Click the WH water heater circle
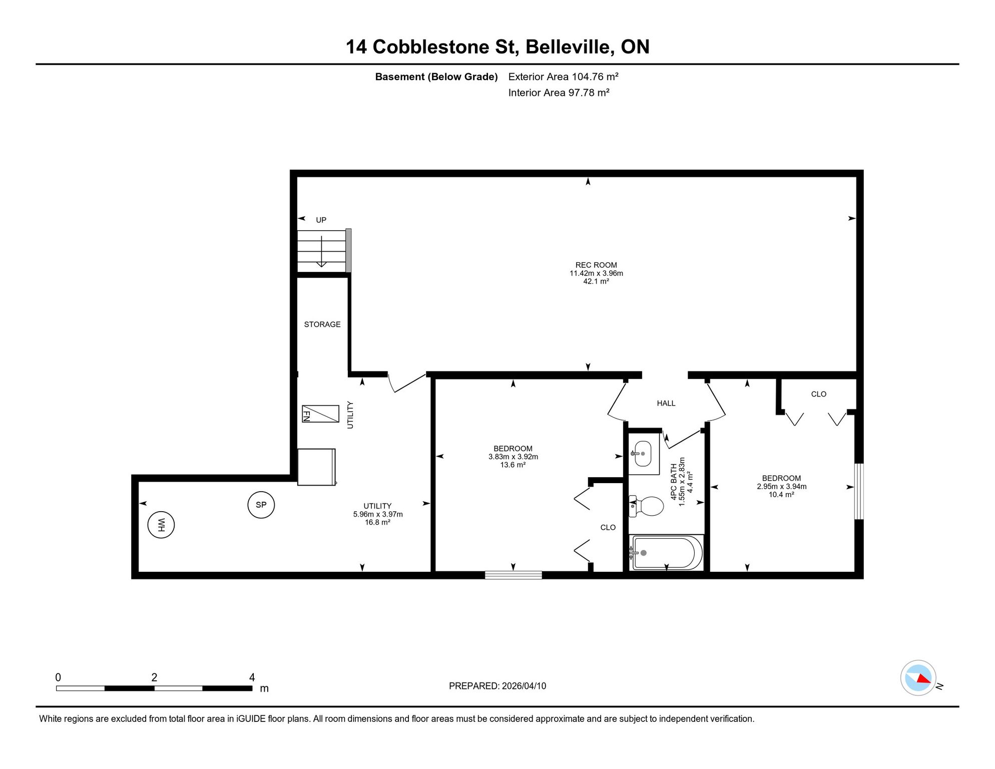click(161, 525)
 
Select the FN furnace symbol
click(320, 414)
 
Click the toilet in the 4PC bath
click(646, 506)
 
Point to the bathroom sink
click(643, 454)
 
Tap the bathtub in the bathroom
click(667, 553)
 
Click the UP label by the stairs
click(321, 220)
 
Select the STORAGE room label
click(322, 324)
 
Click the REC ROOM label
click(596, 265)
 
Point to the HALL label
click(666, 404)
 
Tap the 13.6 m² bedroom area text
click(513, 465)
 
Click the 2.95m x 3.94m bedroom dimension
click(782, 487)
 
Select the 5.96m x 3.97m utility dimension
click(378, 514)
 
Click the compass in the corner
click(918, 678)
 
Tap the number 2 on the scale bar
click(154, 677)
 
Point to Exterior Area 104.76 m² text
click(564, 77)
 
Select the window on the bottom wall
click(514, 575)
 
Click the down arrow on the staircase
click(321, 251)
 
